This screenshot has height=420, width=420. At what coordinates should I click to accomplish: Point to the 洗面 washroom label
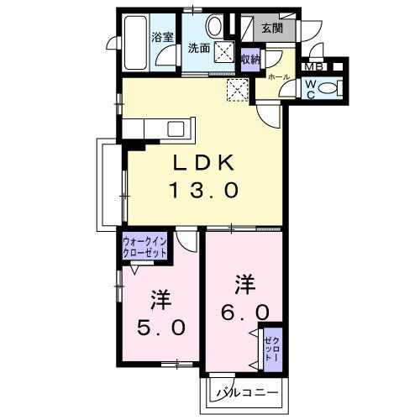199,47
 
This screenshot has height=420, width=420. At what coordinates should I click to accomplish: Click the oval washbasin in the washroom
215,24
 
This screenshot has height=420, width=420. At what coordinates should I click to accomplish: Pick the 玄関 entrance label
272,28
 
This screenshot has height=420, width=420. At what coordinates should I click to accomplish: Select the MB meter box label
313,68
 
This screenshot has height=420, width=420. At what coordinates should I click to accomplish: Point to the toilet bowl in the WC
332,86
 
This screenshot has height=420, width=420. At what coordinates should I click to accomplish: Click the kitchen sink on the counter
177,128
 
